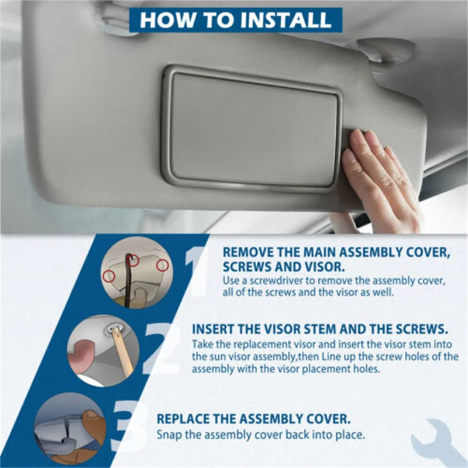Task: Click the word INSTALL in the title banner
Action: pos(286,20)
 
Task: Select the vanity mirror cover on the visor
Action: pos(252,129)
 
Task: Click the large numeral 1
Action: pos(195,270)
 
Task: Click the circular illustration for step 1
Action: pos(137,272)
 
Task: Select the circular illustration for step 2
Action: pos(104,350)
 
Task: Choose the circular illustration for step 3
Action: pos(70,429)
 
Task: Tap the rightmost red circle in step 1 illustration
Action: pos(163,266)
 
